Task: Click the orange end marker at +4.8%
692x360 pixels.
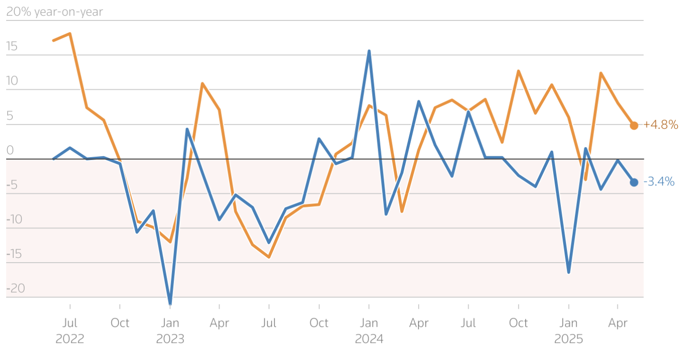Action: pos(634,125)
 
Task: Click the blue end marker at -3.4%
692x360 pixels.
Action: pos(634,182)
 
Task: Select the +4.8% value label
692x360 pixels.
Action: pos(660,125)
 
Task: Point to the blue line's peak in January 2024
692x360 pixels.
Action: pos(369,51)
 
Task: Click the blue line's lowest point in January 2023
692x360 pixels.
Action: pos(170,303)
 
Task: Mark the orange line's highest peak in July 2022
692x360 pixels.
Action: pos(70,34)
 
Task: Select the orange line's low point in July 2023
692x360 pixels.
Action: pos(269,257)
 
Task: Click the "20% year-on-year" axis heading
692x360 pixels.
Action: pos(54,12)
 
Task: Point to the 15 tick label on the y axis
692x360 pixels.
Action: pos(12,47)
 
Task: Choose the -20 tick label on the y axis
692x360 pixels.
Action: pos(16,288)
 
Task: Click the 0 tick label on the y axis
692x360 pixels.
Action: pos(10,151)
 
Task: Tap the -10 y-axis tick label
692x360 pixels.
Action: pos(16,219)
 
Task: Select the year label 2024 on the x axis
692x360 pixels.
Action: pos(369,339)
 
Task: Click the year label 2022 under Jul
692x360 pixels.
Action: pos(70,339)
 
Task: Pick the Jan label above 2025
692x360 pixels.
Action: pos(568,323)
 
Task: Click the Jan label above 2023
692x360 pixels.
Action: pos(170,323)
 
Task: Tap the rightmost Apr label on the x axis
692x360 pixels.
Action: pos(618,323)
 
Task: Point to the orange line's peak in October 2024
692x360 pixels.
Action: pos(519,71)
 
